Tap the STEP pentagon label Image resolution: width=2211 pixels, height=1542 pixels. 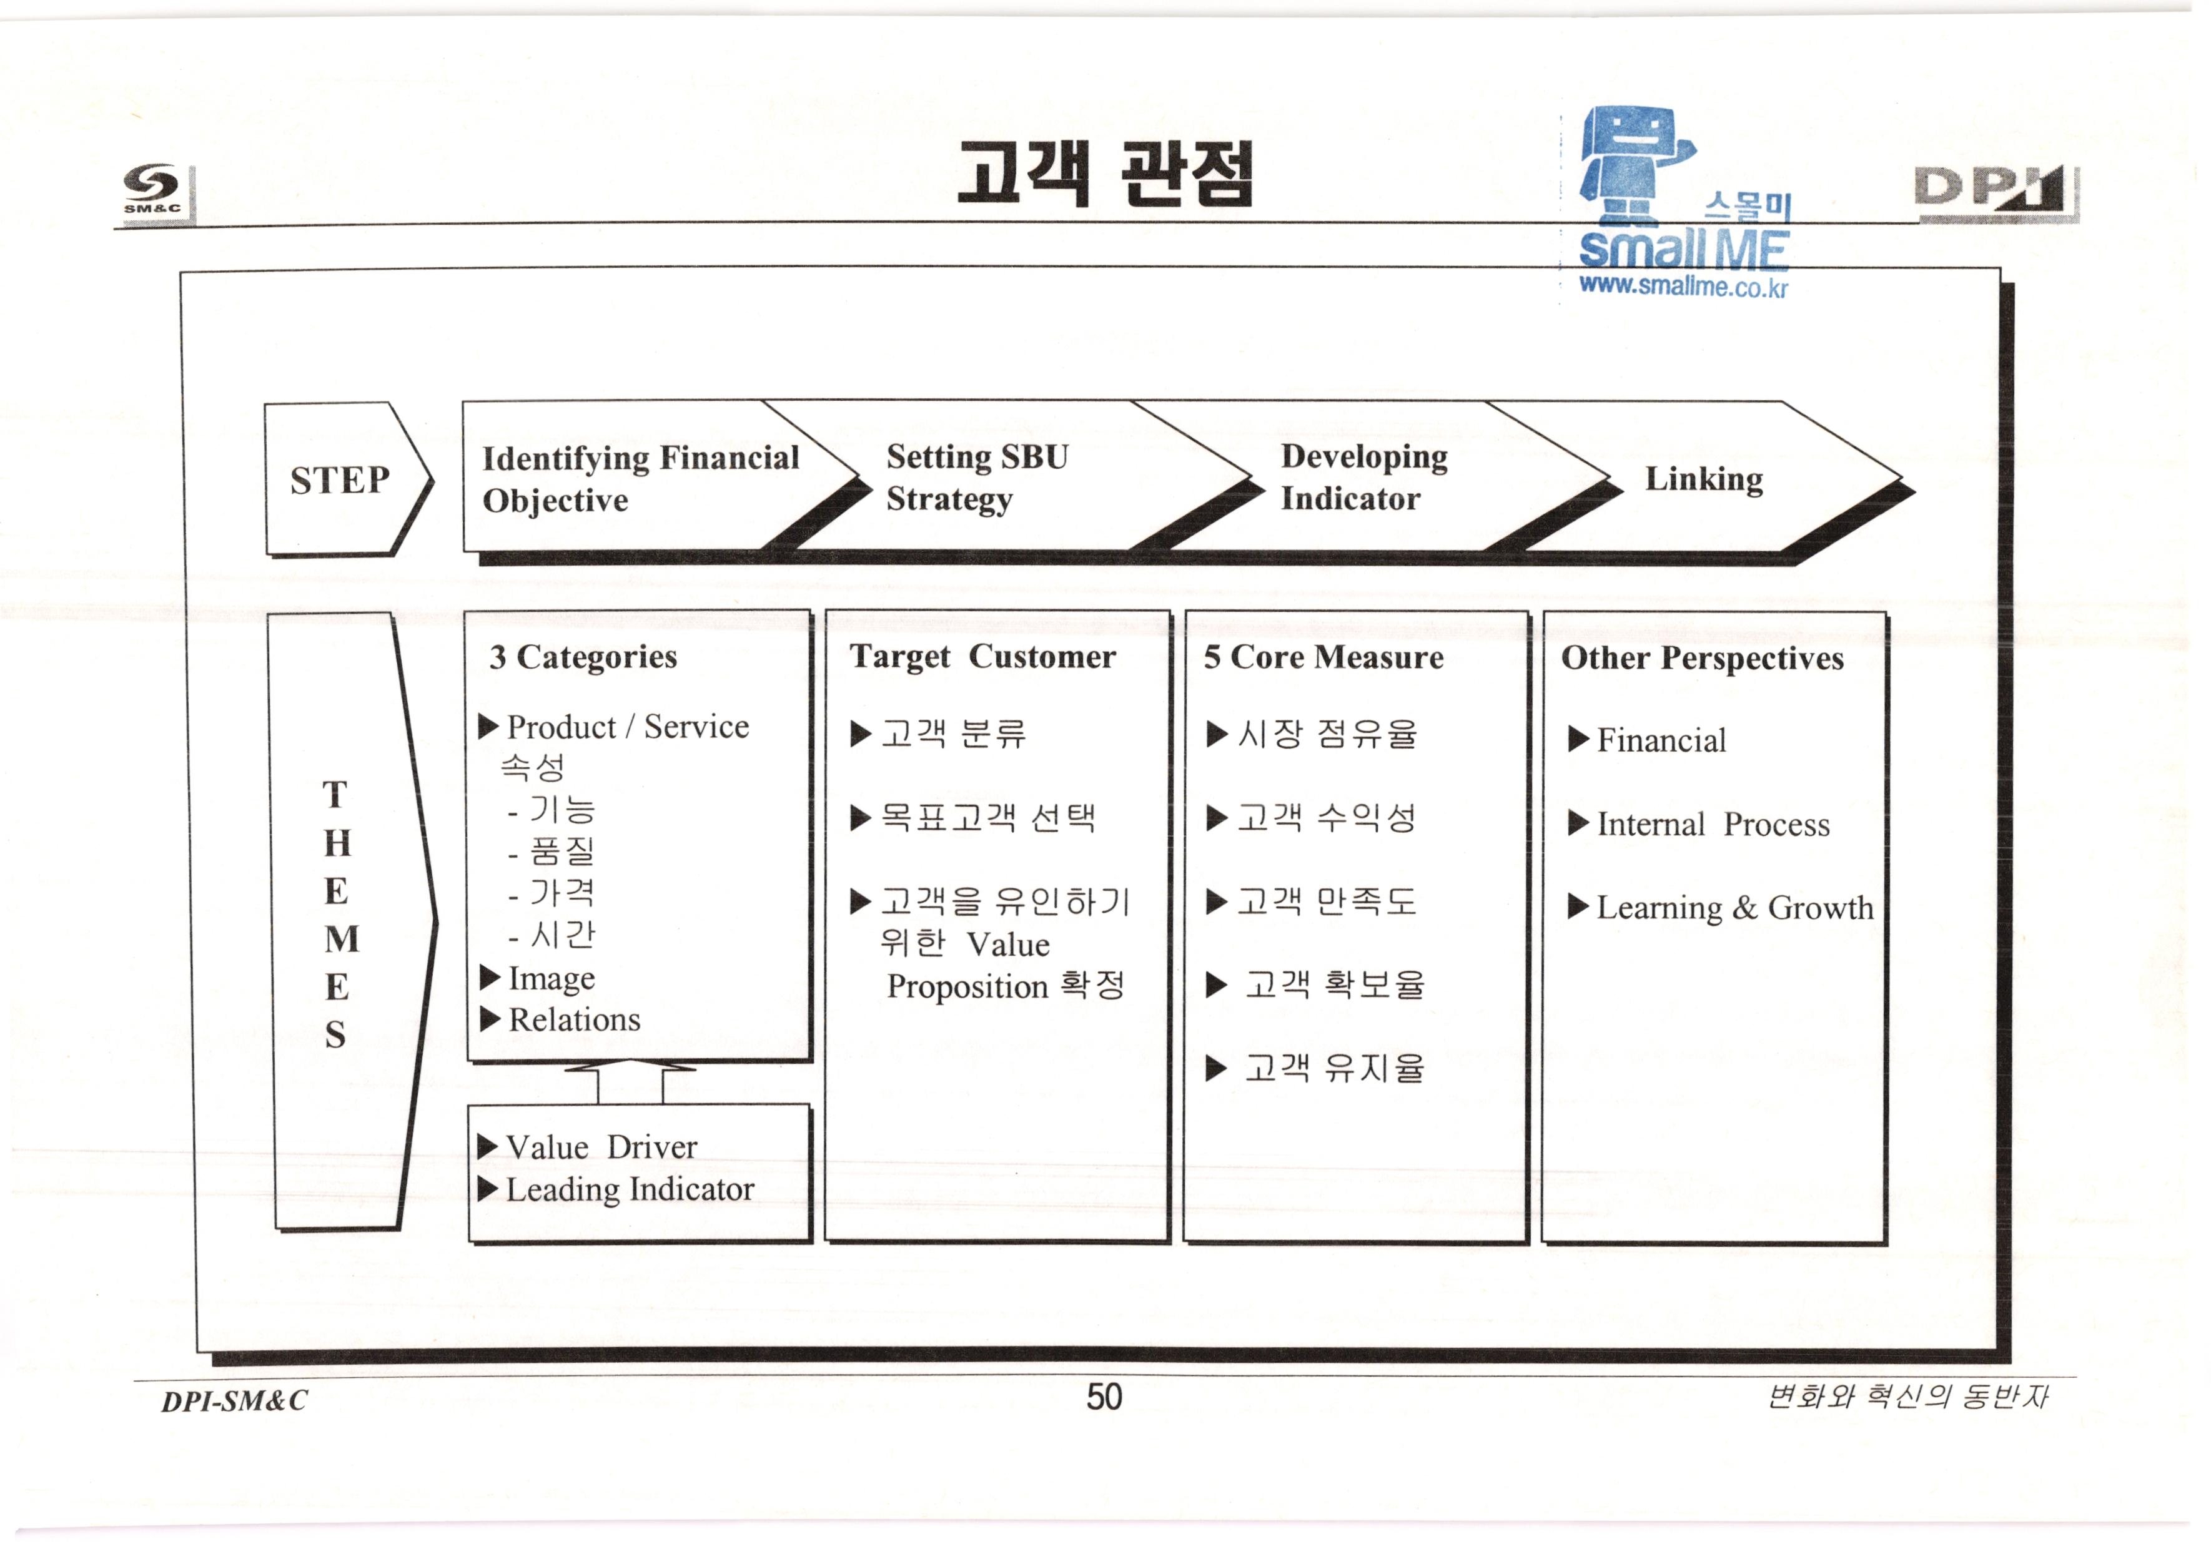pyautogui.click(x=340, y=479)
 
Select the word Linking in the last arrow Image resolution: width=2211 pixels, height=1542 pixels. pyautogui.click(x=1703, y=478)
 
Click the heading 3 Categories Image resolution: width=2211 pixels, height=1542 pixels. pyautogui.click(x=583, y=657)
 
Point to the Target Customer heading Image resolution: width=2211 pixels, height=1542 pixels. pyautogui.click(x=982, y=657)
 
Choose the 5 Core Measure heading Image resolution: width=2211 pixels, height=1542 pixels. pyautogui.click(x=1323, y=657)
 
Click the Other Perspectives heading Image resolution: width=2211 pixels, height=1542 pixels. pyautogui.click(x=1701, y=659)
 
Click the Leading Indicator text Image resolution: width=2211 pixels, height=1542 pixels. pyautogui.click(x=630, y=1190)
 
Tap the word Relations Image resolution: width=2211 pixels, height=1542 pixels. pyautogui.click(x=574, y=1019)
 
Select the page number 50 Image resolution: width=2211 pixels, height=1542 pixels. pyautogui.click(x=1104, y=1397)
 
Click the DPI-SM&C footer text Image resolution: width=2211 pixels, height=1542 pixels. pyautogui.click(x=234, y=1400)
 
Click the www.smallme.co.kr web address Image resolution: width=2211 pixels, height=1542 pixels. pyautogui.click(x=1683, y=286)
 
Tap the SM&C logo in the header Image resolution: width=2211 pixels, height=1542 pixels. pyautogui.click(x=152, y=189)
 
